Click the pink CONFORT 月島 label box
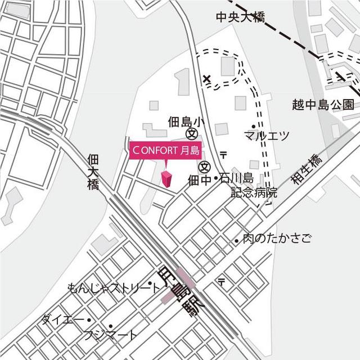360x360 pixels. click(165, 150)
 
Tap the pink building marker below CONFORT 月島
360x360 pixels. click(166, 179)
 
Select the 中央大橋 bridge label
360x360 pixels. click(240, 17)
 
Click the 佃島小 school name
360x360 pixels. click(187, 121)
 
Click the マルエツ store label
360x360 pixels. click(267, 136)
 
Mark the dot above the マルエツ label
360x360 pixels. click(254, 126)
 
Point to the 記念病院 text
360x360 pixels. click(255, 192)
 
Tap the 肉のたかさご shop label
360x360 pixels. click(277, 238)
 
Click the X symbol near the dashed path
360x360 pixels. click(206, 79)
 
